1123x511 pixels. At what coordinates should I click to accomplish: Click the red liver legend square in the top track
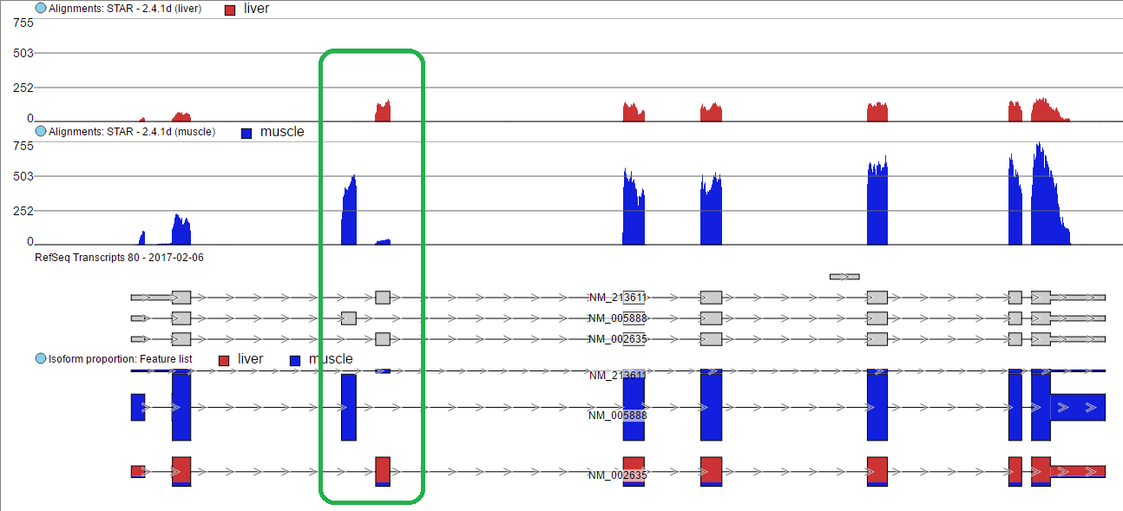pos(230,10)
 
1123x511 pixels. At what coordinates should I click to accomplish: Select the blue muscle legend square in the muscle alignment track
pos(246,134)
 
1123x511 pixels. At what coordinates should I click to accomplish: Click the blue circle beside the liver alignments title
pos(41,8)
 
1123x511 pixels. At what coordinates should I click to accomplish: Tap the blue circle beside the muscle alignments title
pos(41,131)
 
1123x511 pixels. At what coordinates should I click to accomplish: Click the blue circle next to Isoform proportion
pos(41,358)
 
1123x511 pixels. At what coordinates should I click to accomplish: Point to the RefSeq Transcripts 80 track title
pos(119,258)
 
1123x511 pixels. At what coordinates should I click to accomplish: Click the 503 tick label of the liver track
pos(23,53)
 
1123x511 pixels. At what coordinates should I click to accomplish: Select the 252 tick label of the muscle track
pos(23,211)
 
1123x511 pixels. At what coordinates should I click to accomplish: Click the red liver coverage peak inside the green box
pos(383,112)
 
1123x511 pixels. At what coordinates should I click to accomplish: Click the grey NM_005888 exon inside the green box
pos(349,318)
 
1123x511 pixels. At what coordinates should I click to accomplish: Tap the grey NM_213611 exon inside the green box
pos(383,298)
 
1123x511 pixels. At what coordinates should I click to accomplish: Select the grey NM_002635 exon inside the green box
pos(383,339)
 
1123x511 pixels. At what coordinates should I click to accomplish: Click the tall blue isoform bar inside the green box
pos(349,407)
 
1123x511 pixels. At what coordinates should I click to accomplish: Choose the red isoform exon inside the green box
pos(383,470)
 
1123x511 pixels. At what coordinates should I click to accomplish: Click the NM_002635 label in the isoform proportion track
pos(618,475)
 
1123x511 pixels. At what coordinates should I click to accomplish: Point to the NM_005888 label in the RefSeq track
pos(618,318)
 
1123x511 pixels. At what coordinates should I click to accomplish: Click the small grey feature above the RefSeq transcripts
pos(844,277)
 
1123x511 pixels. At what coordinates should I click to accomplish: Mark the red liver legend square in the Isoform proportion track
pos(224,361)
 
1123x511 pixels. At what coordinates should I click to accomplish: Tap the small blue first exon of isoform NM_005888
pos(138,407)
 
